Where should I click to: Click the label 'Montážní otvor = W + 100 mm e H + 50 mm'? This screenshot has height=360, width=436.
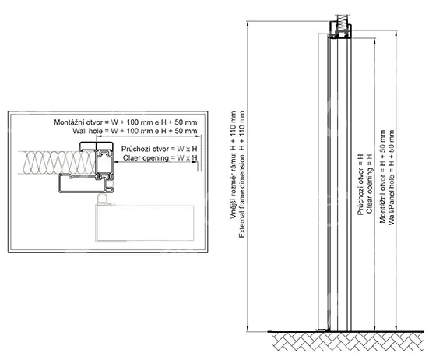tap(125, 122)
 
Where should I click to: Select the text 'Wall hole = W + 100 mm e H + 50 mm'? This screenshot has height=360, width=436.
tap(135, 131)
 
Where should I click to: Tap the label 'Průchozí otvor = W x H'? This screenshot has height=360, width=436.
tap(160, 149)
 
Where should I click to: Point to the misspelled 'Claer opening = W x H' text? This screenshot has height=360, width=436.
tap(160, 158)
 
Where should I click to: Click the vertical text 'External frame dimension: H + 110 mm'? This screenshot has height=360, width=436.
tap(242, 175)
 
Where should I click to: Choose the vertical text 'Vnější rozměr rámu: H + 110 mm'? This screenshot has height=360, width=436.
tap(233, 165)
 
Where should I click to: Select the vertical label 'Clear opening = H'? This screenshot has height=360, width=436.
tap(369, 183)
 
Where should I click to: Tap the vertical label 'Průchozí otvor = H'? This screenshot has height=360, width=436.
tap(360, 185)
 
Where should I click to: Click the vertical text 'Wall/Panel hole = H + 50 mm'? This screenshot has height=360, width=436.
tap(392, 178)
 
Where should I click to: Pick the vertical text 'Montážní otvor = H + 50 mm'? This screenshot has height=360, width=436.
tap(382, 176)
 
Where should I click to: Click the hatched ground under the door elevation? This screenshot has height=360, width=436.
tap(348, 341)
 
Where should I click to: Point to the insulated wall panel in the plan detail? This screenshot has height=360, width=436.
tap(57, 163)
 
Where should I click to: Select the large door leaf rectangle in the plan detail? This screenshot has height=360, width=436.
tap(145, 224)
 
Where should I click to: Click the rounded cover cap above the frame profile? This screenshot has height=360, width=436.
tap(97, 146)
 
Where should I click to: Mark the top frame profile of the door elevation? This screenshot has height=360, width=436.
tap(340, 31)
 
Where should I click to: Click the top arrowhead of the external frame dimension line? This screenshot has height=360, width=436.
tap(247, 23)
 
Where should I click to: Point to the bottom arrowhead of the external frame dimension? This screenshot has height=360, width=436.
tap(247, 329)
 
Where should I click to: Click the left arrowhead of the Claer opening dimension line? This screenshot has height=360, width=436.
tap(116, 163)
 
